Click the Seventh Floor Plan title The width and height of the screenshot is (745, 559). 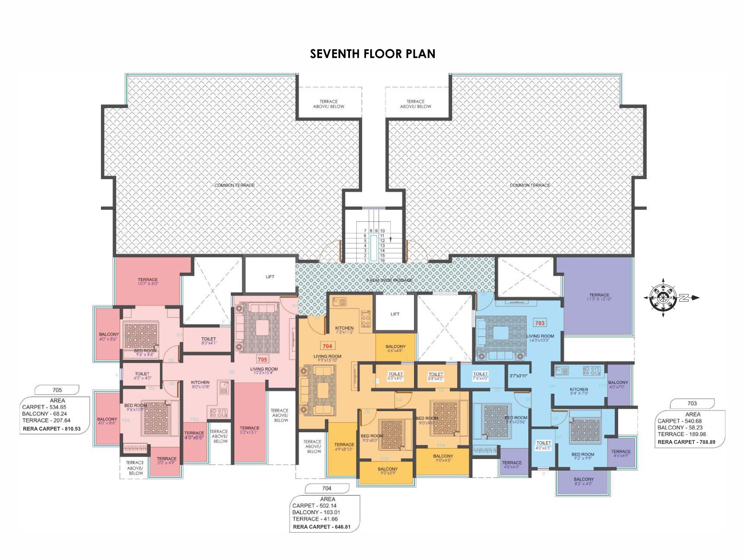[372, 54]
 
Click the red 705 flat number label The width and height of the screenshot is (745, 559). [262, 359]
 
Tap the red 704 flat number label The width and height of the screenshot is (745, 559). [327, 346]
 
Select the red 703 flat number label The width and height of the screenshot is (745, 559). [540, 323]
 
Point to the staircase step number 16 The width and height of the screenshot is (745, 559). [382, 260]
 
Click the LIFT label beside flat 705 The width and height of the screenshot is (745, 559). [270, 276]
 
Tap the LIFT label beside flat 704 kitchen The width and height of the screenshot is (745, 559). [395, 314]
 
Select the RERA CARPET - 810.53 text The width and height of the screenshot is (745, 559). [52, 429]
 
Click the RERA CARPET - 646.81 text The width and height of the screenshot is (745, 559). [322, 526]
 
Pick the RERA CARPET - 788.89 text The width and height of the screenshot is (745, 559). [687, 442]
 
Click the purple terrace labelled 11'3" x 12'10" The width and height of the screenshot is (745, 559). [599, 297]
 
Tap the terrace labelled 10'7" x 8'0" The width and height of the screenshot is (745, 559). [148, 282]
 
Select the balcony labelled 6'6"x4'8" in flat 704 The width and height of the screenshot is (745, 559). [395, 348]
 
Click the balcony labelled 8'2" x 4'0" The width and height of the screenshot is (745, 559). [584, 481]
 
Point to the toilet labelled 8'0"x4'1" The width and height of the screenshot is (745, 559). [209, 341]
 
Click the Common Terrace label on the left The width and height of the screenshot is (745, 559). [234, 185]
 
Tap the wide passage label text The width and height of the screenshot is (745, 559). [389, 280]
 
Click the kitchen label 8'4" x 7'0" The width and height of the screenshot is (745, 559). [579, 391]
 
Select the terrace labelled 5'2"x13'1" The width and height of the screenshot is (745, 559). [249, 430]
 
